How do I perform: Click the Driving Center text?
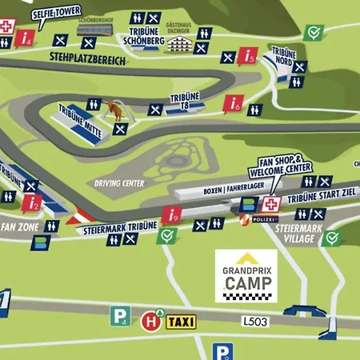tap(118, 182)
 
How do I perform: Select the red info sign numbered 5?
tap(250, 56)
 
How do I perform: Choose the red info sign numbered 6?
tap(234, 104)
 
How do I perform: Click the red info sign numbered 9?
tap(172, 215)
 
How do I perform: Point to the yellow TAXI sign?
tap(180, 322)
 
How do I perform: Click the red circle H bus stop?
tap(148, 322)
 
